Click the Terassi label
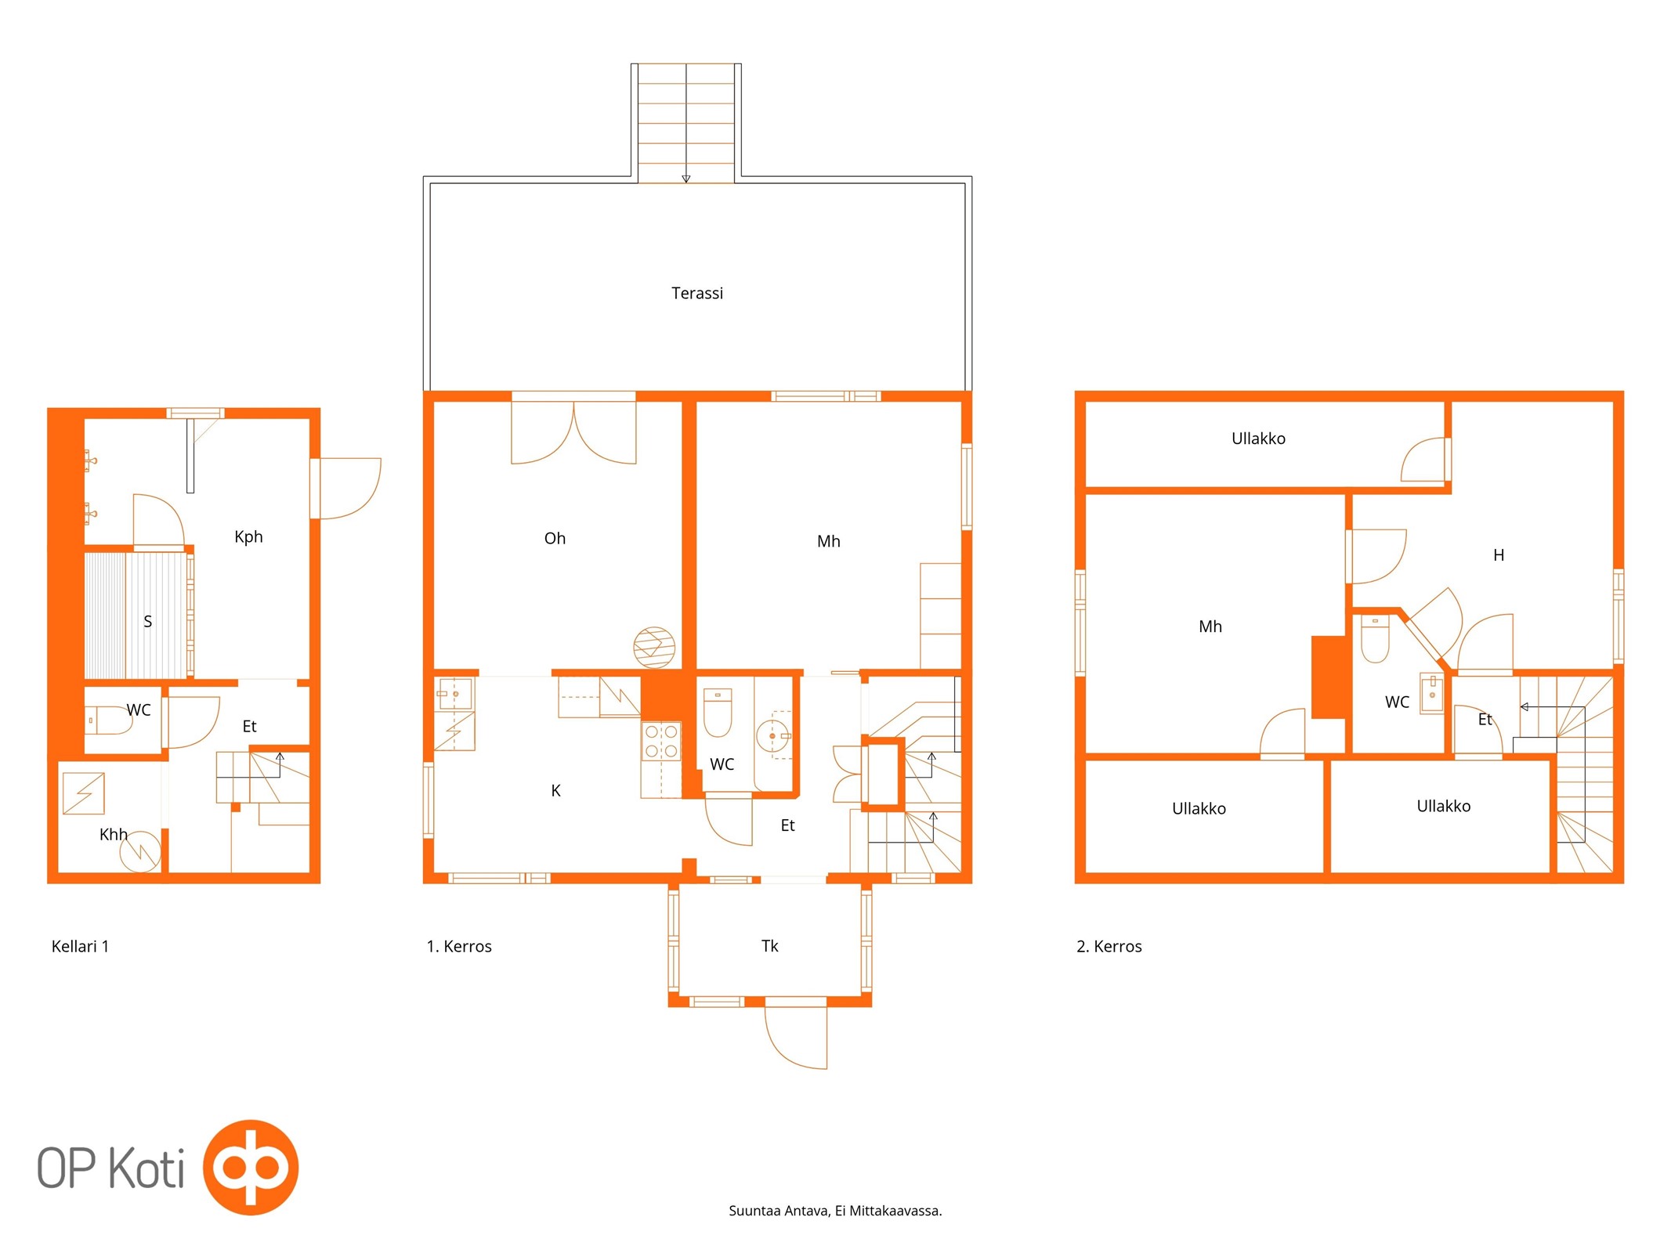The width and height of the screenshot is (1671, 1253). (x=696, y=293)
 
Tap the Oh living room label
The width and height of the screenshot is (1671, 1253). (x=555, y=538)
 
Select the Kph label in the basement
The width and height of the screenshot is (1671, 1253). (x=248, y=536)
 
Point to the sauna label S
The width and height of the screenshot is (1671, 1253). (x=147, y=621)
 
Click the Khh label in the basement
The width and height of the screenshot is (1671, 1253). (x=113, y=834)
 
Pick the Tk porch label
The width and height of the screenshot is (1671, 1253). (x=769, y=945)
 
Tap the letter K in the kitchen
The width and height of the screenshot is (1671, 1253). (x=555, y=790)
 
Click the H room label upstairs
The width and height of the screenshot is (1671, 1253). (x=1498, y=555)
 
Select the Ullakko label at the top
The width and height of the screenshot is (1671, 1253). (x=1258, y=439)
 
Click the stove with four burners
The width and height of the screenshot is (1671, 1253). (x=661, y=741)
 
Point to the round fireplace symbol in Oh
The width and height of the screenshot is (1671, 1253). (x=654, y=648)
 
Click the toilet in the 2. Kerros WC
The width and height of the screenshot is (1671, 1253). (x=1375, y=640)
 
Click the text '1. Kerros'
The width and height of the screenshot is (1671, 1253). (x=459, y=946)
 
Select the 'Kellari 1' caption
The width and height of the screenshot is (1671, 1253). (x=80, y=946)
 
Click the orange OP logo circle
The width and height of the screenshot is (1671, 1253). (x=251, y=1167)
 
